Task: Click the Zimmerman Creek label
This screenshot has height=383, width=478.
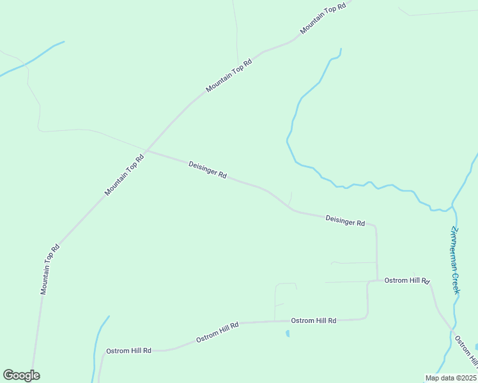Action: (x=456, y=260)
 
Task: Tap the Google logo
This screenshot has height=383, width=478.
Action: (x=21, y=375)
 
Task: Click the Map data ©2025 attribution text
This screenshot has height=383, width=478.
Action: (x=451, y=378)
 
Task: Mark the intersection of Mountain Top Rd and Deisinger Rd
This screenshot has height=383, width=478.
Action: (x=146, y=151)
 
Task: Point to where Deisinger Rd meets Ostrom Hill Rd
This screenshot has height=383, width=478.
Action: (x=377, y=280)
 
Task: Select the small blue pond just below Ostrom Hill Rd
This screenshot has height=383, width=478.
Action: (x=288, y=333)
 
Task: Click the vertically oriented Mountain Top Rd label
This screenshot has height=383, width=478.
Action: (x=50, y=269)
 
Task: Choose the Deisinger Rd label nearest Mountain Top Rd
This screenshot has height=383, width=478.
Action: (x=208, y=170)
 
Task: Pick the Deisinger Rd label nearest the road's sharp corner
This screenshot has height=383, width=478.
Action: (x=345, y=221)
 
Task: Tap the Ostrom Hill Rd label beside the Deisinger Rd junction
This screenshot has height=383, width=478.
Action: (x=407, y=281)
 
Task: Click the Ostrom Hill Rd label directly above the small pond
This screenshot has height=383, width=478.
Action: (x=313, y=320)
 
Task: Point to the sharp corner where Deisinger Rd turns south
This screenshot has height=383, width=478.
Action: (x=375, y=226)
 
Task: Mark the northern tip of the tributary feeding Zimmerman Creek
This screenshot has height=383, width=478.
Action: (x=341, y=49)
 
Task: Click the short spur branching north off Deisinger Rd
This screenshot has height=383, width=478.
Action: (x=291, y=199)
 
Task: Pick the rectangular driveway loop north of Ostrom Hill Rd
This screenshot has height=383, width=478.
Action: (x=286, y=300)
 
